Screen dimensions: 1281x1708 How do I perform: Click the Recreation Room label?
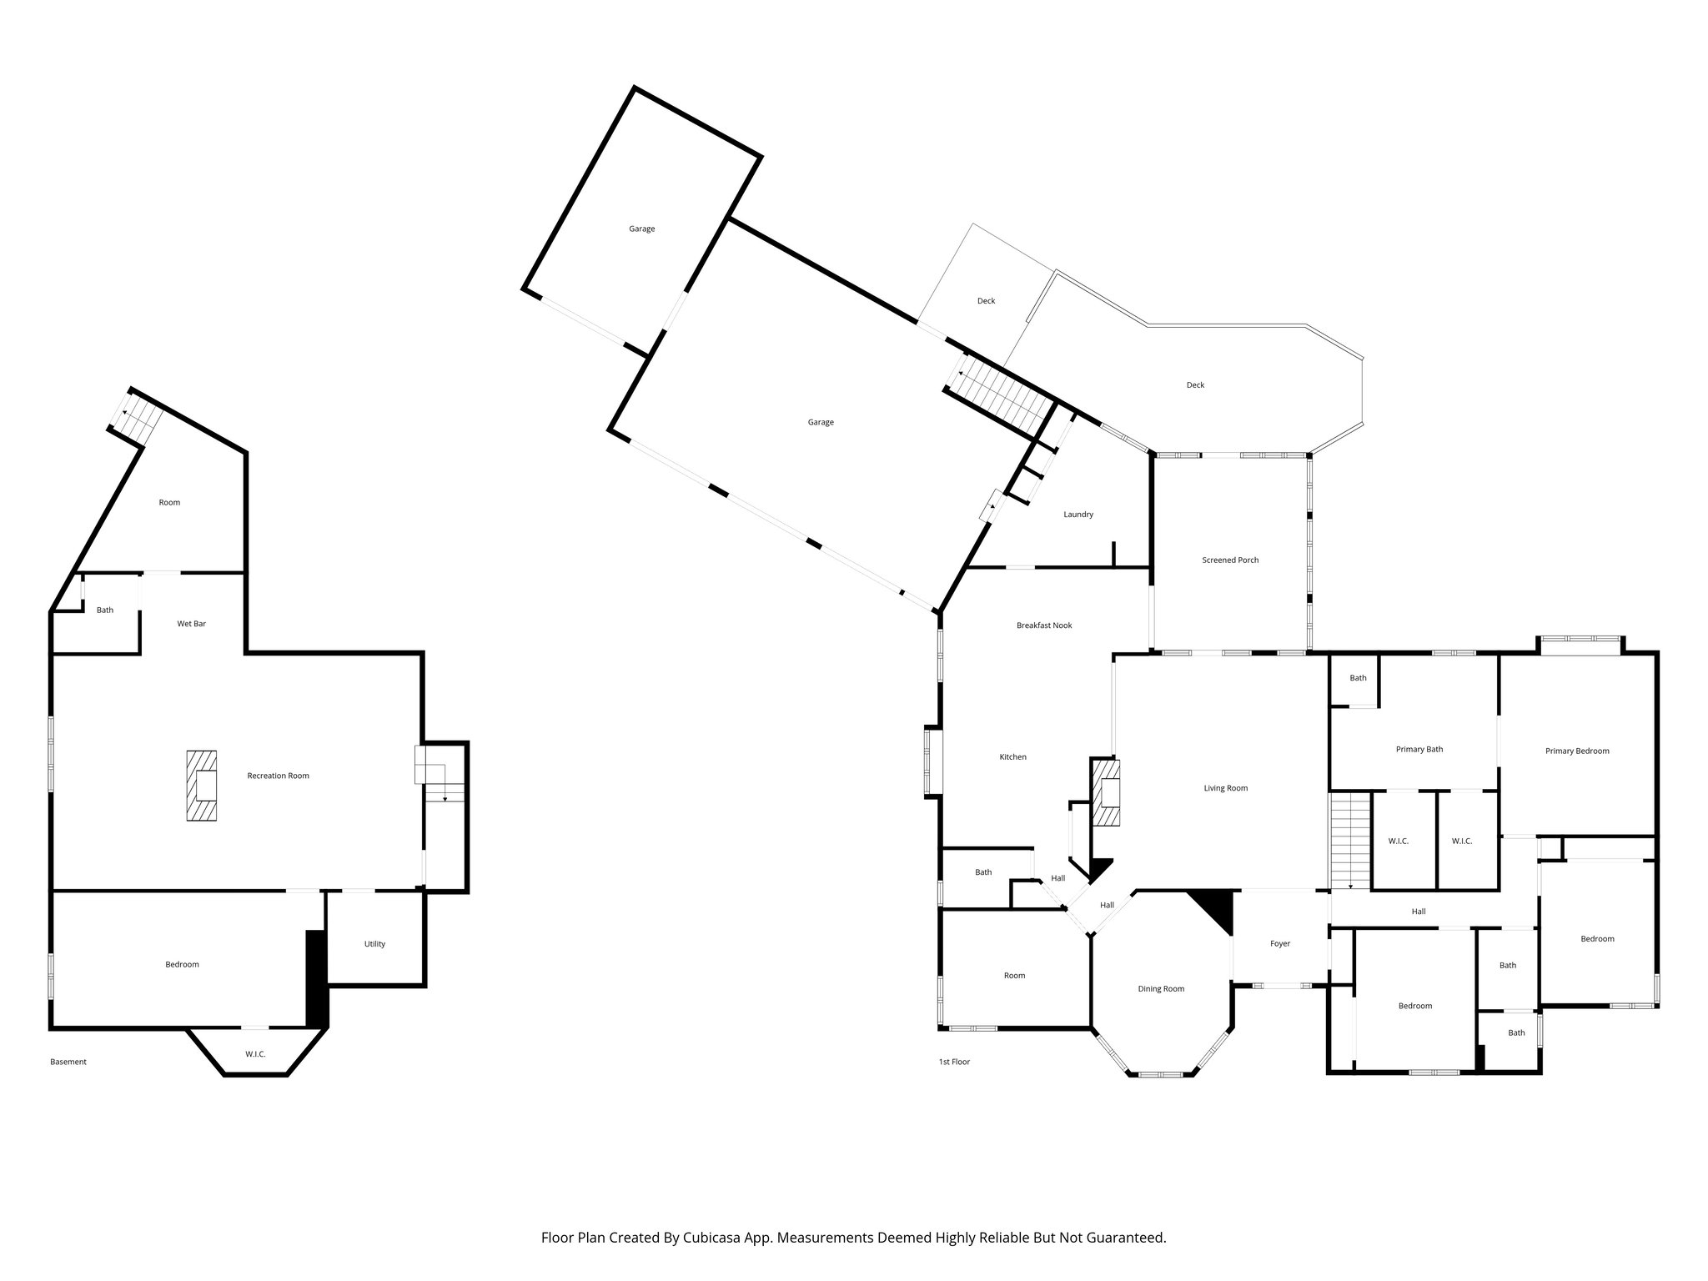[x=278, y=776]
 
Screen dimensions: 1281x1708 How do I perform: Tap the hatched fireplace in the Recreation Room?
[x=201, y=786]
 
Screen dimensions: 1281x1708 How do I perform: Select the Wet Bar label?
[x=191, y=624]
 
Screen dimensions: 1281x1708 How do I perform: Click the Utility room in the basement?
[x=374, y=944]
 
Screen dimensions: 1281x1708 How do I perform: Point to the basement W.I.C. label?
[x=255, y=1054]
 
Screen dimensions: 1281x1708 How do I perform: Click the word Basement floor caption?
[x=68, y=1062]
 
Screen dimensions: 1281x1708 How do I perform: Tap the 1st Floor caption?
[x=954, y=1062]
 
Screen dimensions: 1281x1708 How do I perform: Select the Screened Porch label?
[x=1230, y=560]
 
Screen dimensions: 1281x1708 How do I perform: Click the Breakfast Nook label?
[x=1044, y=625]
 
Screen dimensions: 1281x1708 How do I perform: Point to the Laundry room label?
[x=1078, y=515]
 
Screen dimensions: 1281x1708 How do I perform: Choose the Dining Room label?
[x=1161, y=989]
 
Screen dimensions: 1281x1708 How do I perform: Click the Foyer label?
[x=1279, y=944]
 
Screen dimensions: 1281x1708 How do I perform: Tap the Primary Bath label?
[x=1419, y=749]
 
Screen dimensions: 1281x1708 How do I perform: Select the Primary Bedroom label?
[x=1576, y=751]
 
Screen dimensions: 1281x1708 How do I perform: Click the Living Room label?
[x=1225, y=788]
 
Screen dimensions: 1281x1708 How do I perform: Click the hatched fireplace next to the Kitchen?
[x=1106, y=792]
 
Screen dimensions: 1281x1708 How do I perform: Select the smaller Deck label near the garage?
[x=986, y=301]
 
